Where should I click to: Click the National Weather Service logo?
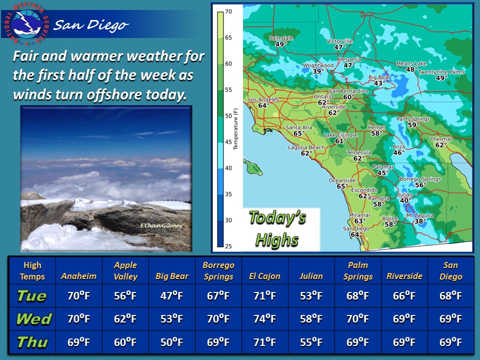coord(28,20)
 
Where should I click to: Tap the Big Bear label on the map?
coord(379,77)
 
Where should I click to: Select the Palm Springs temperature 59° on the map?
coord(412,125)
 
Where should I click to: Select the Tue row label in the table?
coord(31,296)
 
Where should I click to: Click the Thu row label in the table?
coord(31,342)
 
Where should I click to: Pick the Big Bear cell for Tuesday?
coord(172,296)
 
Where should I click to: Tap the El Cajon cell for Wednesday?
coord(264,319)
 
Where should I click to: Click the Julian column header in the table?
coord(311,276)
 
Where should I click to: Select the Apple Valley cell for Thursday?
coord(125,342)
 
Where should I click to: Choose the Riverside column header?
coord(404,276)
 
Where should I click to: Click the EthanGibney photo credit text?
coord(162,226)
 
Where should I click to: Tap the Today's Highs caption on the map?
coord(277,229)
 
